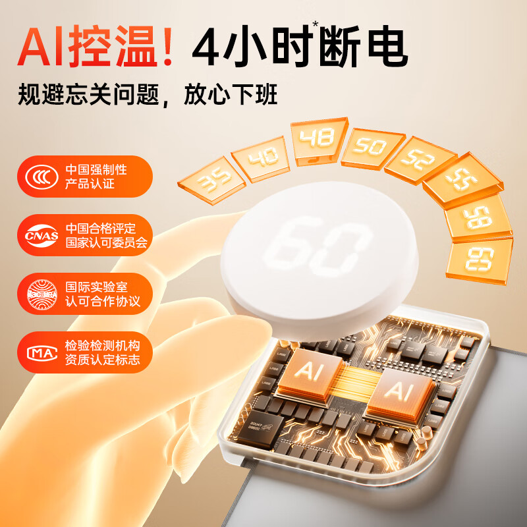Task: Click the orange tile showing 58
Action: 477,218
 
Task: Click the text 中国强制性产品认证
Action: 96,177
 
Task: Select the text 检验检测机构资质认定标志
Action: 103,352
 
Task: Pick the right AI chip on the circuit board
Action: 396,393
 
